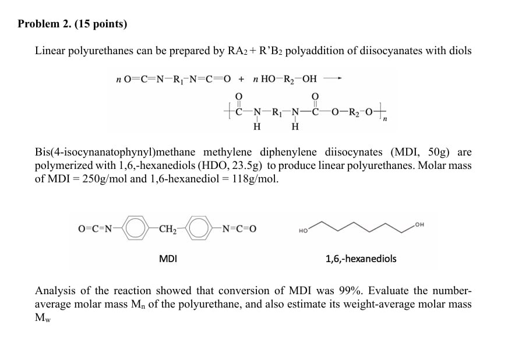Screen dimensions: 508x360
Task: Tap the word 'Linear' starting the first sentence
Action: [51, 51]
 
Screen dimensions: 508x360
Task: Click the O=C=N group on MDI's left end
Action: [96, 228]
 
